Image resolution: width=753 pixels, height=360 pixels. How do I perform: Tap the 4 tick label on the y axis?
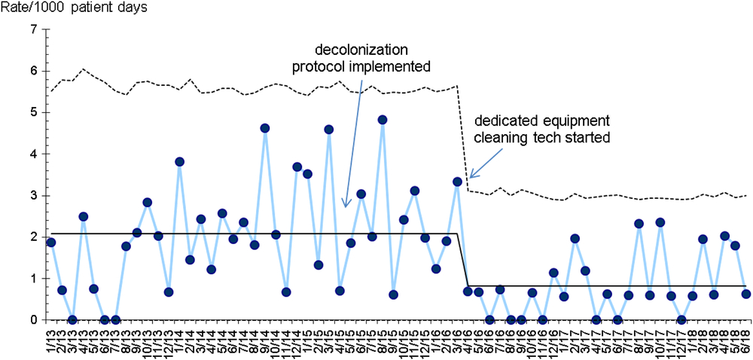point(32,154)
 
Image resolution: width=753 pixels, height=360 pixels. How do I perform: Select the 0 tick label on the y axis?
point(32,320)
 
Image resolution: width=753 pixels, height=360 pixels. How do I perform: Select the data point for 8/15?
point(383,120)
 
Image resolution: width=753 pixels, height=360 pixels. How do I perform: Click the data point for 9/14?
point(265,128)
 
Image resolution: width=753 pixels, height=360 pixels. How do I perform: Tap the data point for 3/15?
point(329,130)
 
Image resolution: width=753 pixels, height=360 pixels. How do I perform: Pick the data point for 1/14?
point(179,162)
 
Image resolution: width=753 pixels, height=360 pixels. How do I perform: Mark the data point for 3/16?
point(457,182)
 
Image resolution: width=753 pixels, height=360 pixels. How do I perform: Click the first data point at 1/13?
point(51,243)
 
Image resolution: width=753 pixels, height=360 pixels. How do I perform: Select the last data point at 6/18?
point(745,294)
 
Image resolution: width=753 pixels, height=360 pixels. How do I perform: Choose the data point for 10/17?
point(660,222)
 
